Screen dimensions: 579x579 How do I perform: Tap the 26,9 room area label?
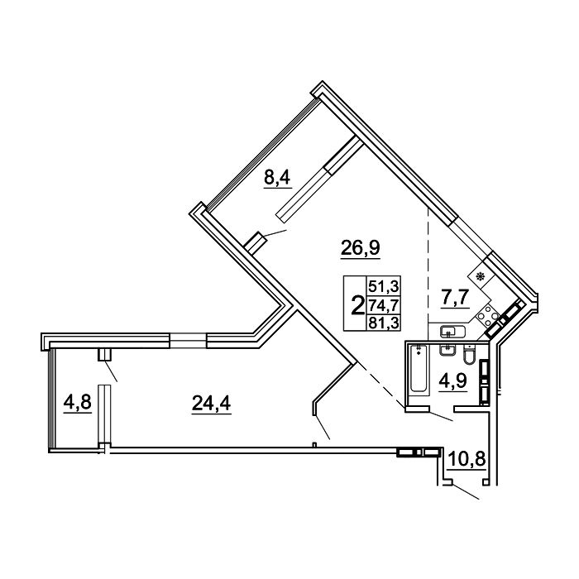tap(361, 247)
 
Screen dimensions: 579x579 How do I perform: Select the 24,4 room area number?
tap(211, 403)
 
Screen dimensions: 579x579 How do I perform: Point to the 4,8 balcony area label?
tap(77, 401)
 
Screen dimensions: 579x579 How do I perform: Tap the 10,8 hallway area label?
tap(467, 459)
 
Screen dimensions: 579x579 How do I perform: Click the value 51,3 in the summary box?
tap(384, 285)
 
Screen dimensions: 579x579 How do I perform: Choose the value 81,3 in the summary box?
tap(384, 323)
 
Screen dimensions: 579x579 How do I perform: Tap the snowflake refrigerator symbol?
tap(480, 276)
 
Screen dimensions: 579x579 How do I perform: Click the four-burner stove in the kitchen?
tap(487, 315)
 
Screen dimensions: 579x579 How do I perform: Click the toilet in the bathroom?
tap(468, 355)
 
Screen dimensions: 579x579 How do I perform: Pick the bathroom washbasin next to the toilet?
tap(447, 350)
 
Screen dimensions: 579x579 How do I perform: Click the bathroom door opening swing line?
tap(441, 416)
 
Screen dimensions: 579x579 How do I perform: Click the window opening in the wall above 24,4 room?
tap(189, 341)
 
